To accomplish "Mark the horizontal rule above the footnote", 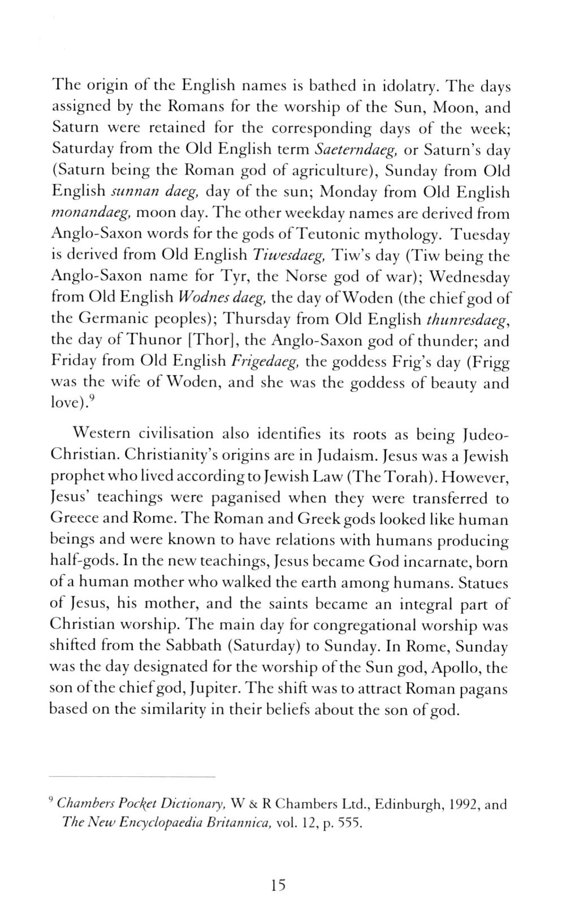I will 132,777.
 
